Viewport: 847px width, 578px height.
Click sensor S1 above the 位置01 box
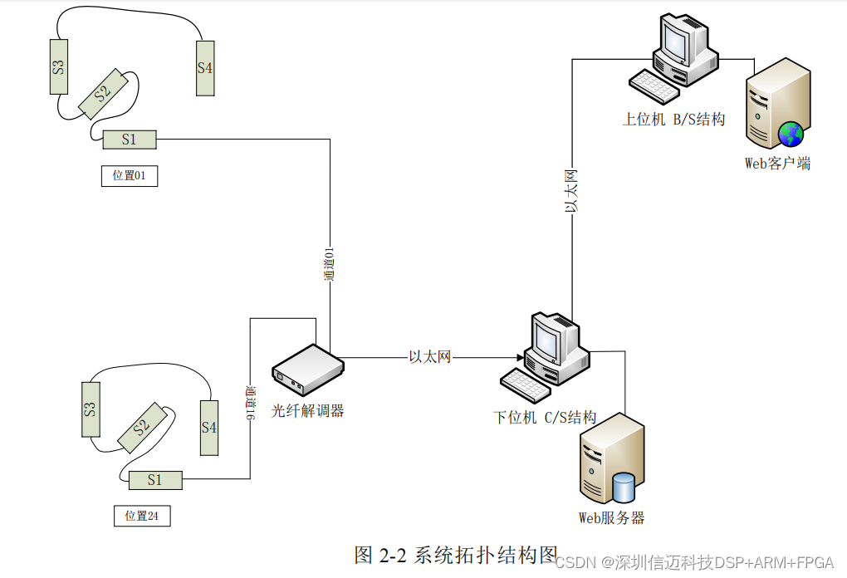click(x=129, y=140)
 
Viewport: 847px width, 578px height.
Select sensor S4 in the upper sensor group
click(x=205, y=68)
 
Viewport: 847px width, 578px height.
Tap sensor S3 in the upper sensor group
click(x=59, y=67)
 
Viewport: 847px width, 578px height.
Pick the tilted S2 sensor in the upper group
click(x=103, y=94)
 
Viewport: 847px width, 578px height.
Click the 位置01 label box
click(x=129, y=175)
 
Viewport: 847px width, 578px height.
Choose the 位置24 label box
click(x=141, y=516)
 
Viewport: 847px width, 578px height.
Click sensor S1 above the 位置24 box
click(x=155, y=479)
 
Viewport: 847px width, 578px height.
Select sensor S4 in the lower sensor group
click(x=208, y=427)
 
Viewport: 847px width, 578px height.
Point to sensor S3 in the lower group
click(x=91, y=409)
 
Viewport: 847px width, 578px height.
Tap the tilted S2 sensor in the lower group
click(x=140, y=428)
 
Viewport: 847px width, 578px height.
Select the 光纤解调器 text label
click(x=307, y=410)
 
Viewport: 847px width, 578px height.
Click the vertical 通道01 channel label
click(x=329, y=263)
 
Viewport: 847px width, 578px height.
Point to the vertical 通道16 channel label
click(x=250, y=401)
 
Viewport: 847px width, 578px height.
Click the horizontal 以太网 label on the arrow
click(x=430, y=357)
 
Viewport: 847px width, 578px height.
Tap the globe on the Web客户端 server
click(x=791, y=133)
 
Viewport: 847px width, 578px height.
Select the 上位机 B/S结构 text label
click(x=673, y=120)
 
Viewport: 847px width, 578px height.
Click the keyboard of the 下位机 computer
click(x=526, y=383)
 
